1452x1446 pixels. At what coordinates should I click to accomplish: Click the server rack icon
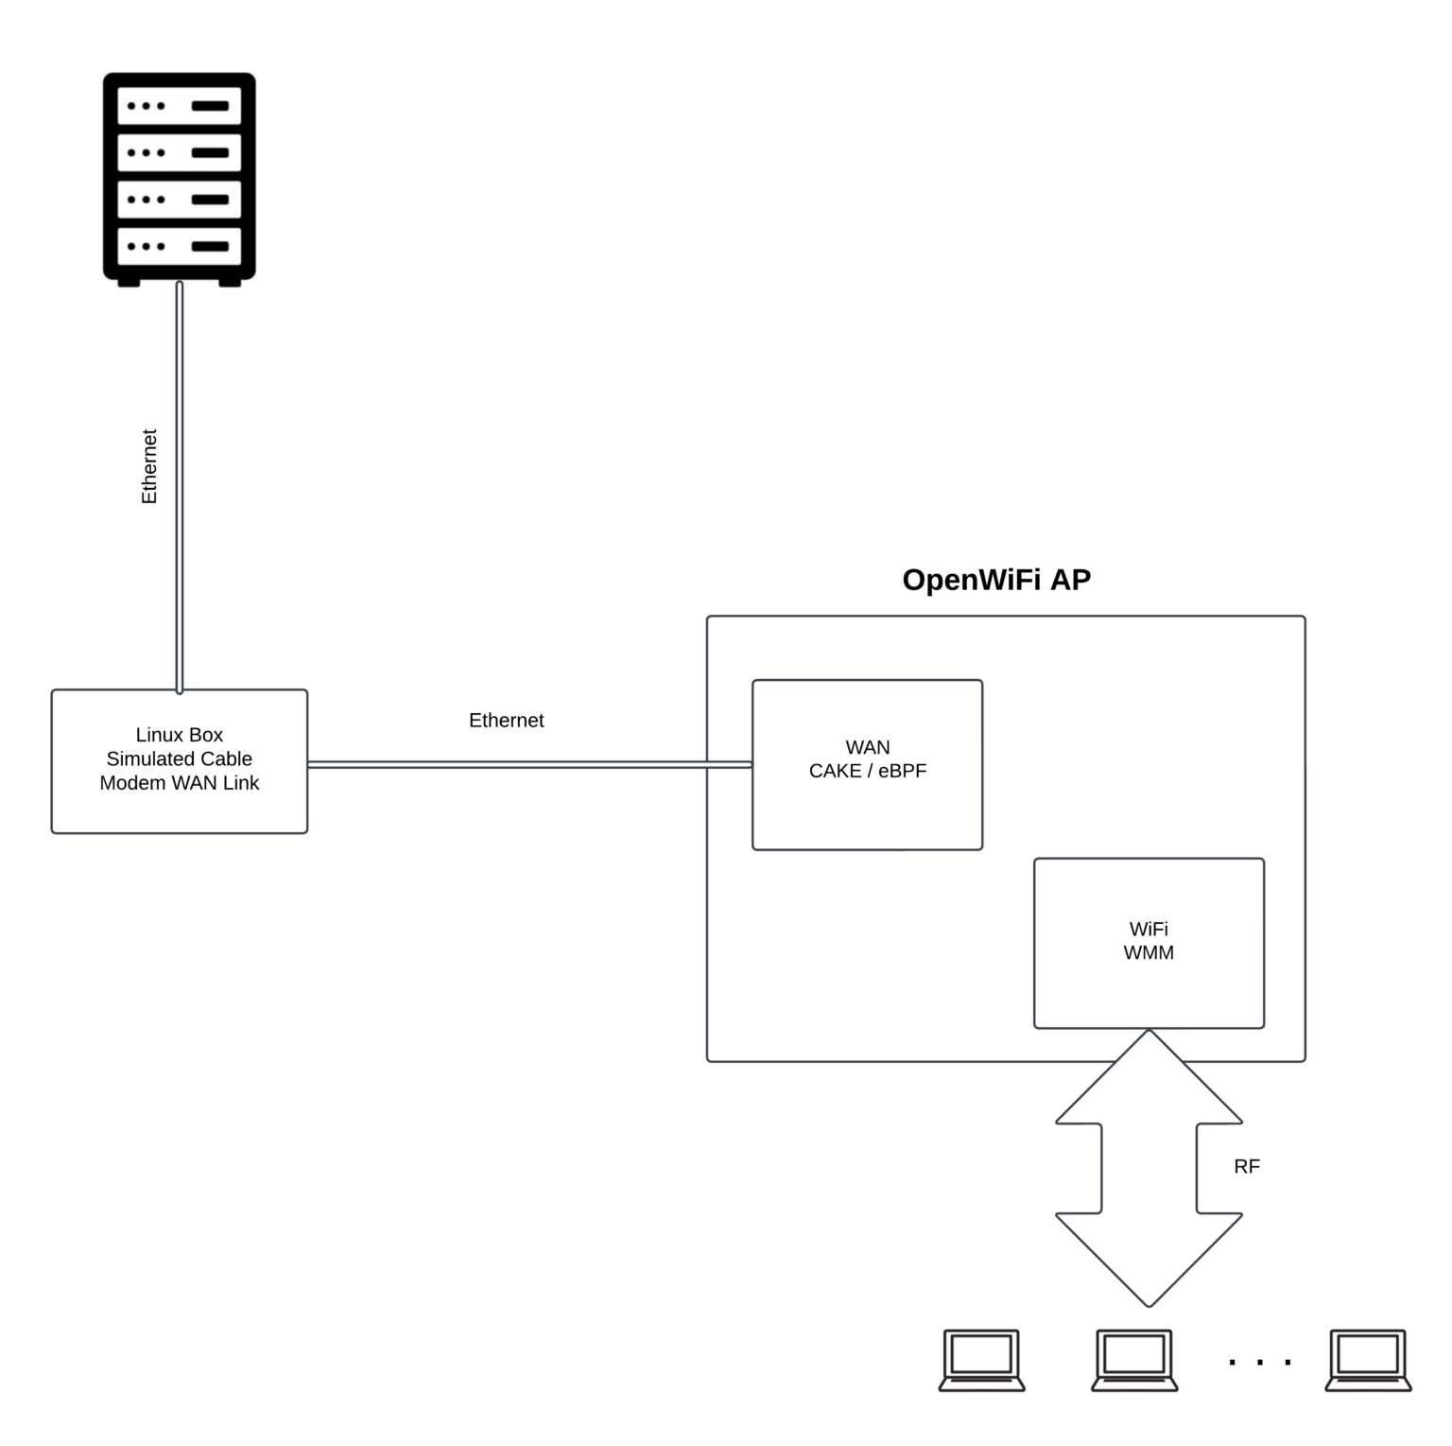pos(179,179)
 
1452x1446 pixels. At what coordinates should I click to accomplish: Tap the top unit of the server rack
pos(179,106)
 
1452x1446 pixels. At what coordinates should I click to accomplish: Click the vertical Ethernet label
pos(149,466)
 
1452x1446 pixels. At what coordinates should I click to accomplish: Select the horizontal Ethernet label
pos(506,721)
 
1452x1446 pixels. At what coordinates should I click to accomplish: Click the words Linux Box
pos(179,735)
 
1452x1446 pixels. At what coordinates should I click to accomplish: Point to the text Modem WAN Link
pos(179,783)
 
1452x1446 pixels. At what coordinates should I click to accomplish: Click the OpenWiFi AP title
pos(996,579)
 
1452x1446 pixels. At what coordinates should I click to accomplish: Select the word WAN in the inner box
pos(867,747)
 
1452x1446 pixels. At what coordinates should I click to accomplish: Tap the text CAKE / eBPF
pos(867,771)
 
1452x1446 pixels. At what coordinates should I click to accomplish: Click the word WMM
pos(1149,953)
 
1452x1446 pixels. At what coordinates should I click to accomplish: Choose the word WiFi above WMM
pos(1149,929)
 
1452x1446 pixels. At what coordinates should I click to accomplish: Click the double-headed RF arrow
pos(1149,1168)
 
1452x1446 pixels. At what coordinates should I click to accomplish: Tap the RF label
pos(1246,1167)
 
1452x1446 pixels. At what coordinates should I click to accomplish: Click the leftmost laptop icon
pos(981,1360)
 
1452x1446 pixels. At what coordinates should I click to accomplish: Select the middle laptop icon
pos(1134,1360)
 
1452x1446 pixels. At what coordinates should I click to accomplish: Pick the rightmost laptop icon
pos(1368,1360)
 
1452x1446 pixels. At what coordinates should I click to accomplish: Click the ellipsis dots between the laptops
pos(1259,1363)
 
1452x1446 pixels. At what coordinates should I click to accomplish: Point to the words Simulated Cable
pos(179,758)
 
